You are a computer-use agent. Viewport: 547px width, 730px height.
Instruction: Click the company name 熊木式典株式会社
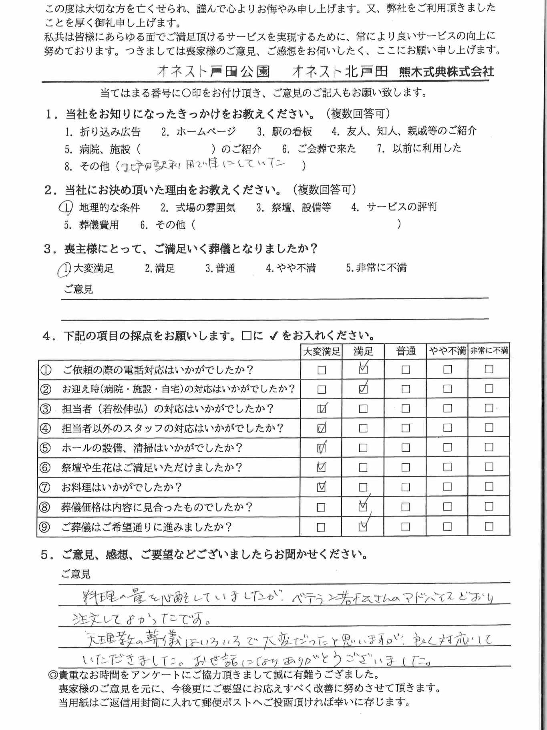pos(446,72)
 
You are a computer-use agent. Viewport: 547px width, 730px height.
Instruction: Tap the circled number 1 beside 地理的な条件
pos(66,207)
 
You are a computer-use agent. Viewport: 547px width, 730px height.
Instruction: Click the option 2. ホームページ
pos(199,131)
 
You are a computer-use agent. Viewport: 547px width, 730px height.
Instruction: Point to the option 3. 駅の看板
pos(284,131)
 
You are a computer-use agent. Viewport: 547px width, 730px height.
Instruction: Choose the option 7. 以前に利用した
pos(419,148)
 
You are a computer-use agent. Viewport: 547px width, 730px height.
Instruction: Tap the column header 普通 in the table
pos(406,351)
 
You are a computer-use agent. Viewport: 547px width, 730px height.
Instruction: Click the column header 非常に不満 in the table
pos(489,351)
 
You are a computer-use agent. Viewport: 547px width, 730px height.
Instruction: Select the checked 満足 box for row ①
pos(363,369)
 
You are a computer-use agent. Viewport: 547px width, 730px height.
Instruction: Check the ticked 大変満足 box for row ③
pos(322,408)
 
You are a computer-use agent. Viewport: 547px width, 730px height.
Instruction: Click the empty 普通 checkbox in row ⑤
pos(406,447)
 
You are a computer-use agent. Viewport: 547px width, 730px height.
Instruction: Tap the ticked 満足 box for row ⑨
pos(363,526)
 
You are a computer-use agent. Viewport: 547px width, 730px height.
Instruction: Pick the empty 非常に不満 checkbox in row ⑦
pos(489,487)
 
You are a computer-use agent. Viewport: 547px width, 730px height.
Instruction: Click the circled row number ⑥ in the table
pos(45,467)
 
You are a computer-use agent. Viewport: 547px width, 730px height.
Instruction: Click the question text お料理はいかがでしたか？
pos(122,487)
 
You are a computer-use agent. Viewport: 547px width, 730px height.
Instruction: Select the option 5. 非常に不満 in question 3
pos(376,267)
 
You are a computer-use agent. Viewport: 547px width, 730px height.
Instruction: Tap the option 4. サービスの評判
pos(394,207)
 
